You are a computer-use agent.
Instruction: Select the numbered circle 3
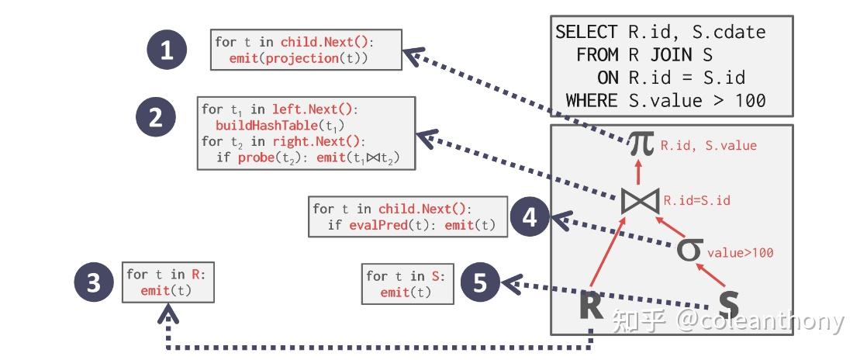(x=94, y=283)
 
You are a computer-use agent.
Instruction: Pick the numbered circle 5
(x=480, y=283)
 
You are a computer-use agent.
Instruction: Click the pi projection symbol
(x=641, y=144)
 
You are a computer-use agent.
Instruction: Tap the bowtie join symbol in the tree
(x=641, y=200)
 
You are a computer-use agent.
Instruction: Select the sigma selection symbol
(x=689, y=250)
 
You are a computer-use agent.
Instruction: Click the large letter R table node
(x=592, y=305)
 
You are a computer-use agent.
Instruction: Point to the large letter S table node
(x=728, y=305)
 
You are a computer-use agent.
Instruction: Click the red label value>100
(x=740, y=253)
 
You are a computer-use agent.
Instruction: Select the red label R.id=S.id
(x=696, y=201)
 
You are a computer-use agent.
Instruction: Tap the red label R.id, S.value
(x=708, y=145)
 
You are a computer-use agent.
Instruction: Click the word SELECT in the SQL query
(x=586, y=32)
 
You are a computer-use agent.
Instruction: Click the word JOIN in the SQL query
(x=672, y=55)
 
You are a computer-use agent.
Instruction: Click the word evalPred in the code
(x=372, y=225)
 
